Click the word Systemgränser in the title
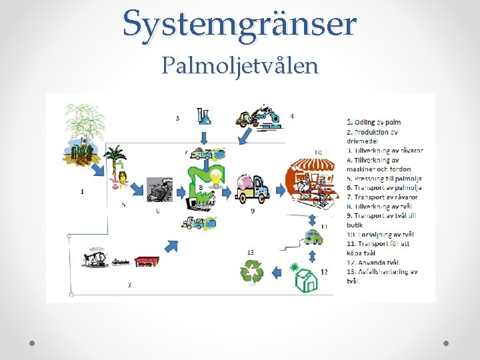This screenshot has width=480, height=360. (239, 25)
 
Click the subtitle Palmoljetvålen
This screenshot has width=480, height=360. (240, 66)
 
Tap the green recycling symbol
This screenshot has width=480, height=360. (253, 272)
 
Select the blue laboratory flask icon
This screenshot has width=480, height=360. (204, 116)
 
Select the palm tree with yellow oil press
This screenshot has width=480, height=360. (116, 165)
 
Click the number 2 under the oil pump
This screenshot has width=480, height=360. (129, 285)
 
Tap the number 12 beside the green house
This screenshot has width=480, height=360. (324, 271)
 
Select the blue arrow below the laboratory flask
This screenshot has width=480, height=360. (205, 137)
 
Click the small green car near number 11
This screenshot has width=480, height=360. (312, 237)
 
